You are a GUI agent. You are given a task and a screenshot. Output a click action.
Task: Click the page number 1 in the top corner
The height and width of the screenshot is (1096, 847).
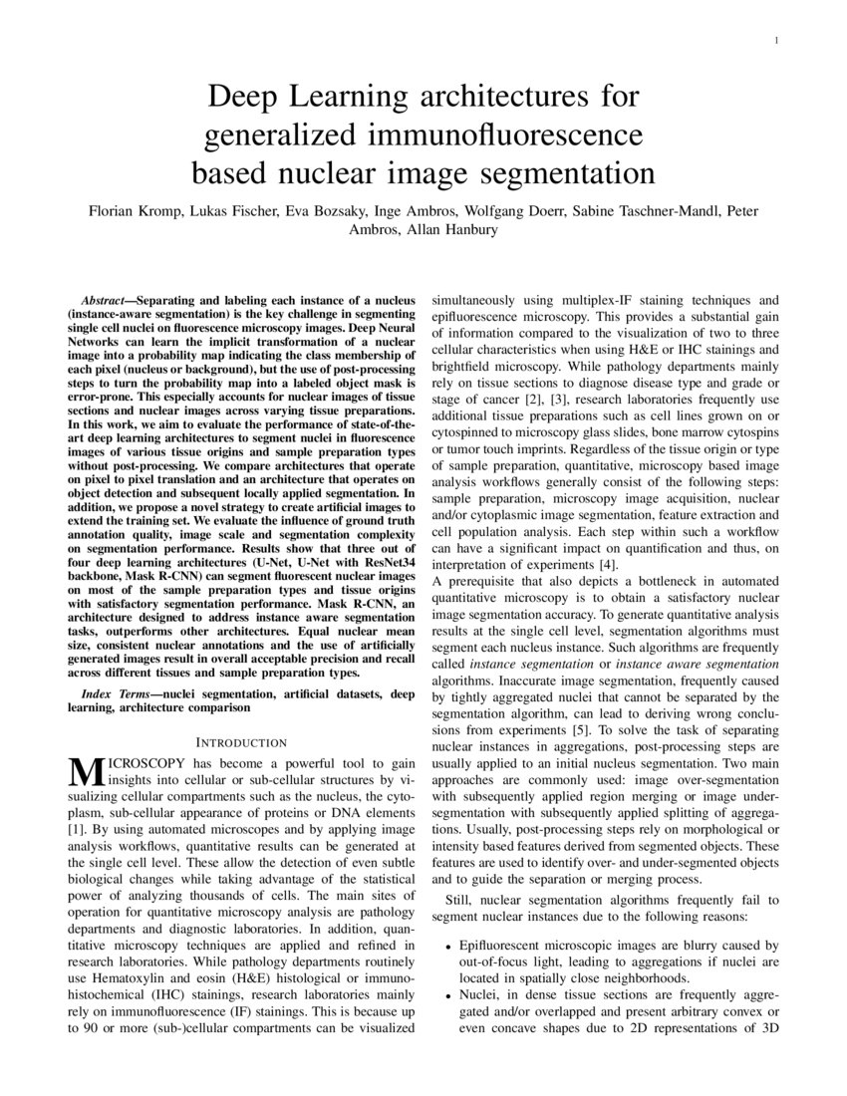[775, 40]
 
